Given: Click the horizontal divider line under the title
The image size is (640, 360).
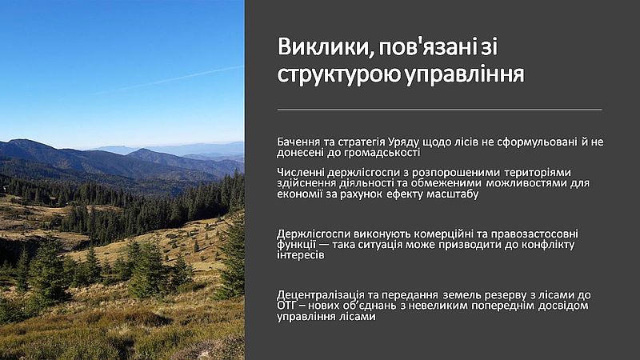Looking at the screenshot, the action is [439, 110].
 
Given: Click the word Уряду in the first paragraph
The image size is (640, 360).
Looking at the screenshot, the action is [404, 142].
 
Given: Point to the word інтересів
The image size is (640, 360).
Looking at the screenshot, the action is [301, 255].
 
